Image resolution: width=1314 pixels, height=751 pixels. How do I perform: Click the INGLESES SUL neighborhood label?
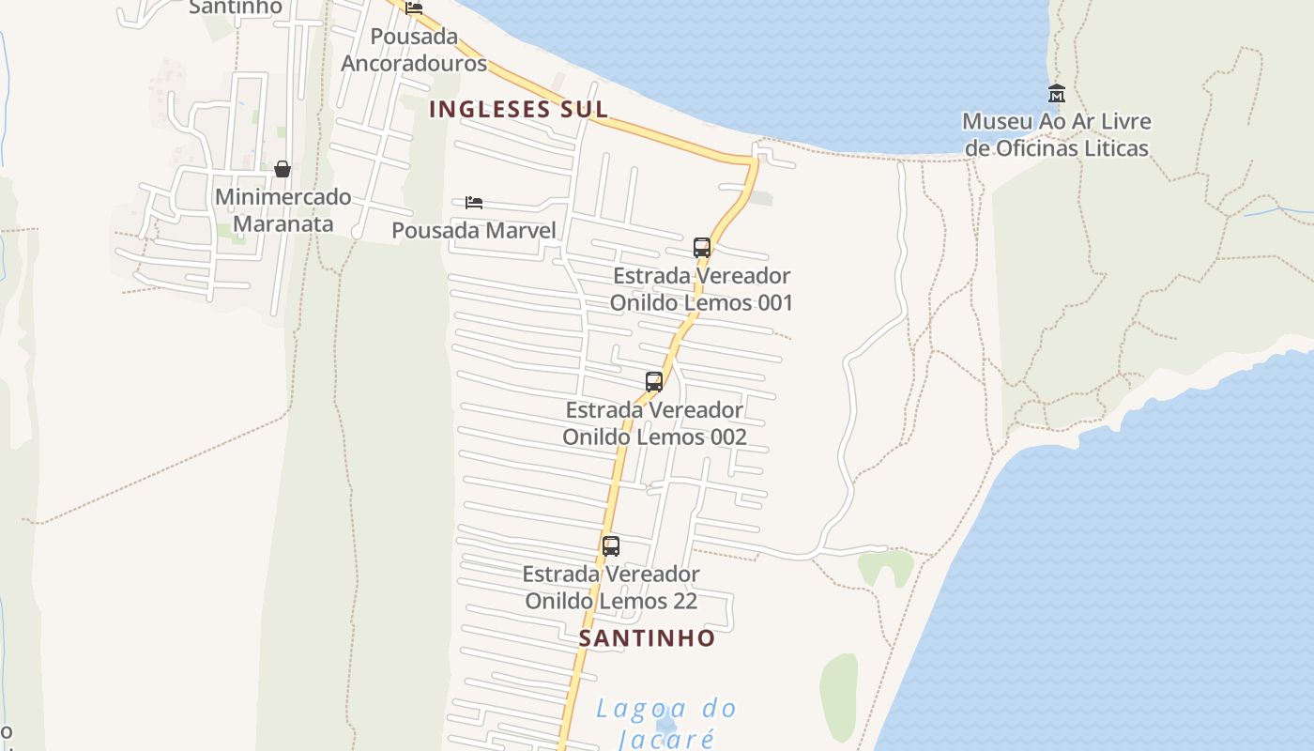[518, 109]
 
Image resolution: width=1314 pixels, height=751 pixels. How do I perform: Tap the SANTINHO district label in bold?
[647, 638]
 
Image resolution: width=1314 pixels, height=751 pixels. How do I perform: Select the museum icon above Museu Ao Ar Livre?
[1057, 93]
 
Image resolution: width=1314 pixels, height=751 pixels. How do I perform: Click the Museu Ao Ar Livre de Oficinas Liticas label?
[1057, 135]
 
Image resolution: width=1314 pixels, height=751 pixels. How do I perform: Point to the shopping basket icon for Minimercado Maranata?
[282, 169]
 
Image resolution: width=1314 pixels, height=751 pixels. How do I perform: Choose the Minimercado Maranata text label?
[283, 210]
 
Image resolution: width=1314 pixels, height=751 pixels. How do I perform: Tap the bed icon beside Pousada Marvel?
[474, 203]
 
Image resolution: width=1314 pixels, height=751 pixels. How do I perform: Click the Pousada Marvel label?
[474, 230]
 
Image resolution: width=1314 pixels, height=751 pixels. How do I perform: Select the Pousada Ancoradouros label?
[414, 50]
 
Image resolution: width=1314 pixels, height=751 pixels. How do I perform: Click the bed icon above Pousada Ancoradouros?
[414, 8]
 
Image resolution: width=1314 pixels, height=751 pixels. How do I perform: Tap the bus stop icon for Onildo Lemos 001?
[702, 248]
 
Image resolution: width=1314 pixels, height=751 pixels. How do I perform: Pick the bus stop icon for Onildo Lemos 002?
[654, 382]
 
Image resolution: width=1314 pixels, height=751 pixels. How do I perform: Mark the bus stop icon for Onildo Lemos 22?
[611, 545]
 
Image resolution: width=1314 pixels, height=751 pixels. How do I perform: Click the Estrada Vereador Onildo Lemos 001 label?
[701, 289]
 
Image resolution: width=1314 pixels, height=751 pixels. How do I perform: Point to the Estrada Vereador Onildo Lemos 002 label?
[654, 423]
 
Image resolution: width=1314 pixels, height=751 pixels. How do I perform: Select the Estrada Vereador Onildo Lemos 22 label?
[611, 587]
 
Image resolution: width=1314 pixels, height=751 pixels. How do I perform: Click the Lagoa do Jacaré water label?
[666, 723]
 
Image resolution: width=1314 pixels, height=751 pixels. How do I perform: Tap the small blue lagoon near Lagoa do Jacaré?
[665, 726]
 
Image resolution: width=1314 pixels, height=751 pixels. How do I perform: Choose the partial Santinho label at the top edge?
[235, 8]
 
